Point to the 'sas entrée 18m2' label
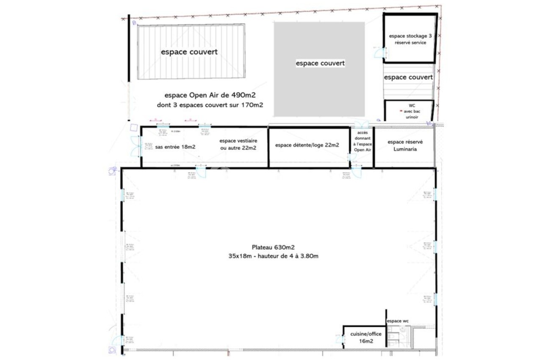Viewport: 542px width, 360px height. point(175,147)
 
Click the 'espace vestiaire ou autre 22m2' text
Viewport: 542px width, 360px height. point(238,144)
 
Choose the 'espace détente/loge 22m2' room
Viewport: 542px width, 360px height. point(307,145)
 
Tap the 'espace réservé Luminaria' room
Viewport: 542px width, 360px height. point(405,146)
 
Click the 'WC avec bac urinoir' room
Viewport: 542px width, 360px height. point(409,111)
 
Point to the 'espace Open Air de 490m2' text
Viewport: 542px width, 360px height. point(210,96)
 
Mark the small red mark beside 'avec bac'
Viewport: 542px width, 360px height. point(401,111)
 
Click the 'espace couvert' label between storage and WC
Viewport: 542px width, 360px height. point(408,77)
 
